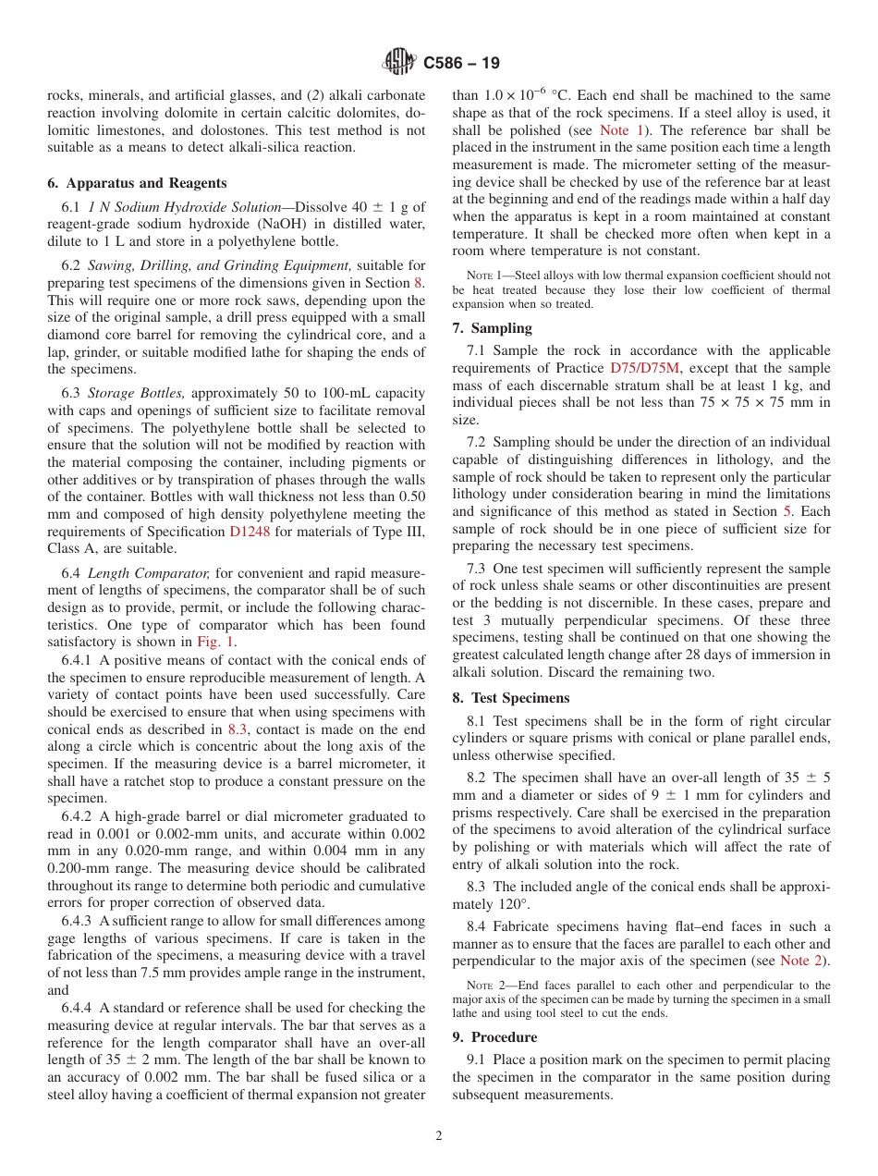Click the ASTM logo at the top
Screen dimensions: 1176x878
tap(399, 63)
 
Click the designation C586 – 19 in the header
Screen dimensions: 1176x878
tap(461, 64)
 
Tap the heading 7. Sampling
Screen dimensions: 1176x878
tap(492, 328)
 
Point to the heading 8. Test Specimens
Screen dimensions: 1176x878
tap(511, 698)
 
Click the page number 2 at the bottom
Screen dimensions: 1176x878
tap(439, 1136)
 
